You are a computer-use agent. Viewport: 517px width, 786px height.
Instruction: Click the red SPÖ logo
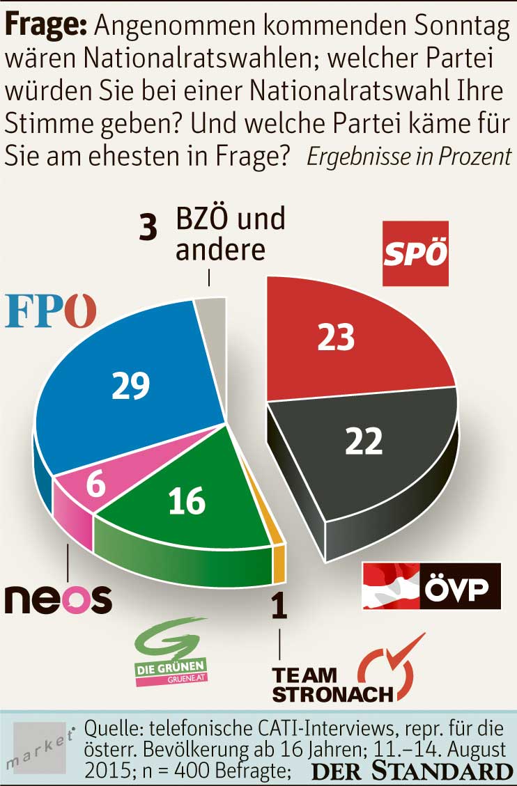pyautogui.click(x=415, y=253)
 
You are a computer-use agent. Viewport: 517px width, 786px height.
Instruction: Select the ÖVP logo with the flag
pyautogui.click(x=432, y=585)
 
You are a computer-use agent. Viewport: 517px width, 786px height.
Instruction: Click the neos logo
pyautogui.click(x=58, y=597)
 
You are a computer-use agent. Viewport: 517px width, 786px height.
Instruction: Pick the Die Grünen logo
pyautogui.click(x=171, y=652)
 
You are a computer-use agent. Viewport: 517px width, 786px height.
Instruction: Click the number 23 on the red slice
pyautogui.click(x=336, y=337)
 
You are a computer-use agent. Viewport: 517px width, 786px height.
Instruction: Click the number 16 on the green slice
pyautogui.click(x=187, y=500)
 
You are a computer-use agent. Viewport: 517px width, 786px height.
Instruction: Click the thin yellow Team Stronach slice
pyautogui.click(x=279, y=557)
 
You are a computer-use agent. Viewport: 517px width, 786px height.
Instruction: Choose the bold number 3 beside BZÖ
pyautogui.click(x=148, y=228)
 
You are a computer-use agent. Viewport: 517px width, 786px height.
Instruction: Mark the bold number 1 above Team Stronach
pyautogui.click(x=279, y=606)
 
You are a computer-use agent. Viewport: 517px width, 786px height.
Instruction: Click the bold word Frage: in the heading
pyautogui.click(x=46, y=26)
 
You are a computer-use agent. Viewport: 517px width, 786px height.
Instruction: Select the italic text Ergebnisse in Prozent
pyautogui.click(x=410, y=156)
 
